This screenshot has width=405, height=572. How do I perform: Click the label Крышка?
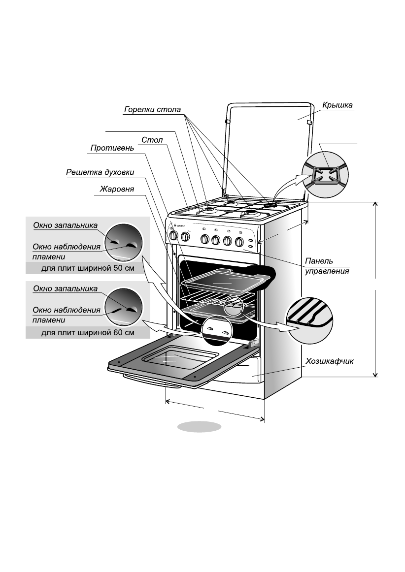tap(337, 105)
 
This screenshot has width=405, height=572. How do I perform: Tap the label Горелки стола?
tap(152, 109)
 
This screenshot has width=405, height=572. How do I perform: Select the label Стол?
tap(152, 140)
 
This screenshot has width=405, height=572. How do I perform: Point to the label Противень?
tap(112, 148)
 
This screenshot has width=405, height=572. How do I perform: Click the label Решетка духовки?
tap(100, 172)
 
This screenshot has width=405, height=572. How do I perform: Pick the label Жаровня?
tap(117, 189)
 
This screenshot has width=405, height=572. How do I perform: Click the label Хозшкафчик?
tap(330, 361)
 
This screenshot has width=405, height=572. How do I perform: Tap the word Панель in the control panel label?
tap(319, 261)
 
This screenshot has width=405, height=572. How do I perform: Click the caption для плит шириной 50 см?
tap(88, 268)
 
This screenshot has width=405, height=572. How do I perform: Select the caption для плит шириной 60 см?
tap(88, 333)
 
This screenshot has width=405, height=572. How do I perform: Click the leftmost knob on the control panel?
tap(173, 236)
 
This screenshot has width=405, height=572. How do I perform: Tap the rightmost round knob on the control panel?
tap(239, 241)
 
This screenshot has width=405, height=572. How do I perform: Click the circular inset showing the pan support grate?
tap(325, 175)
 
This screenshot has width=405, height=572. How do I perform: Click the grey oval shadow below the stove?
tap(200, 426)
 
